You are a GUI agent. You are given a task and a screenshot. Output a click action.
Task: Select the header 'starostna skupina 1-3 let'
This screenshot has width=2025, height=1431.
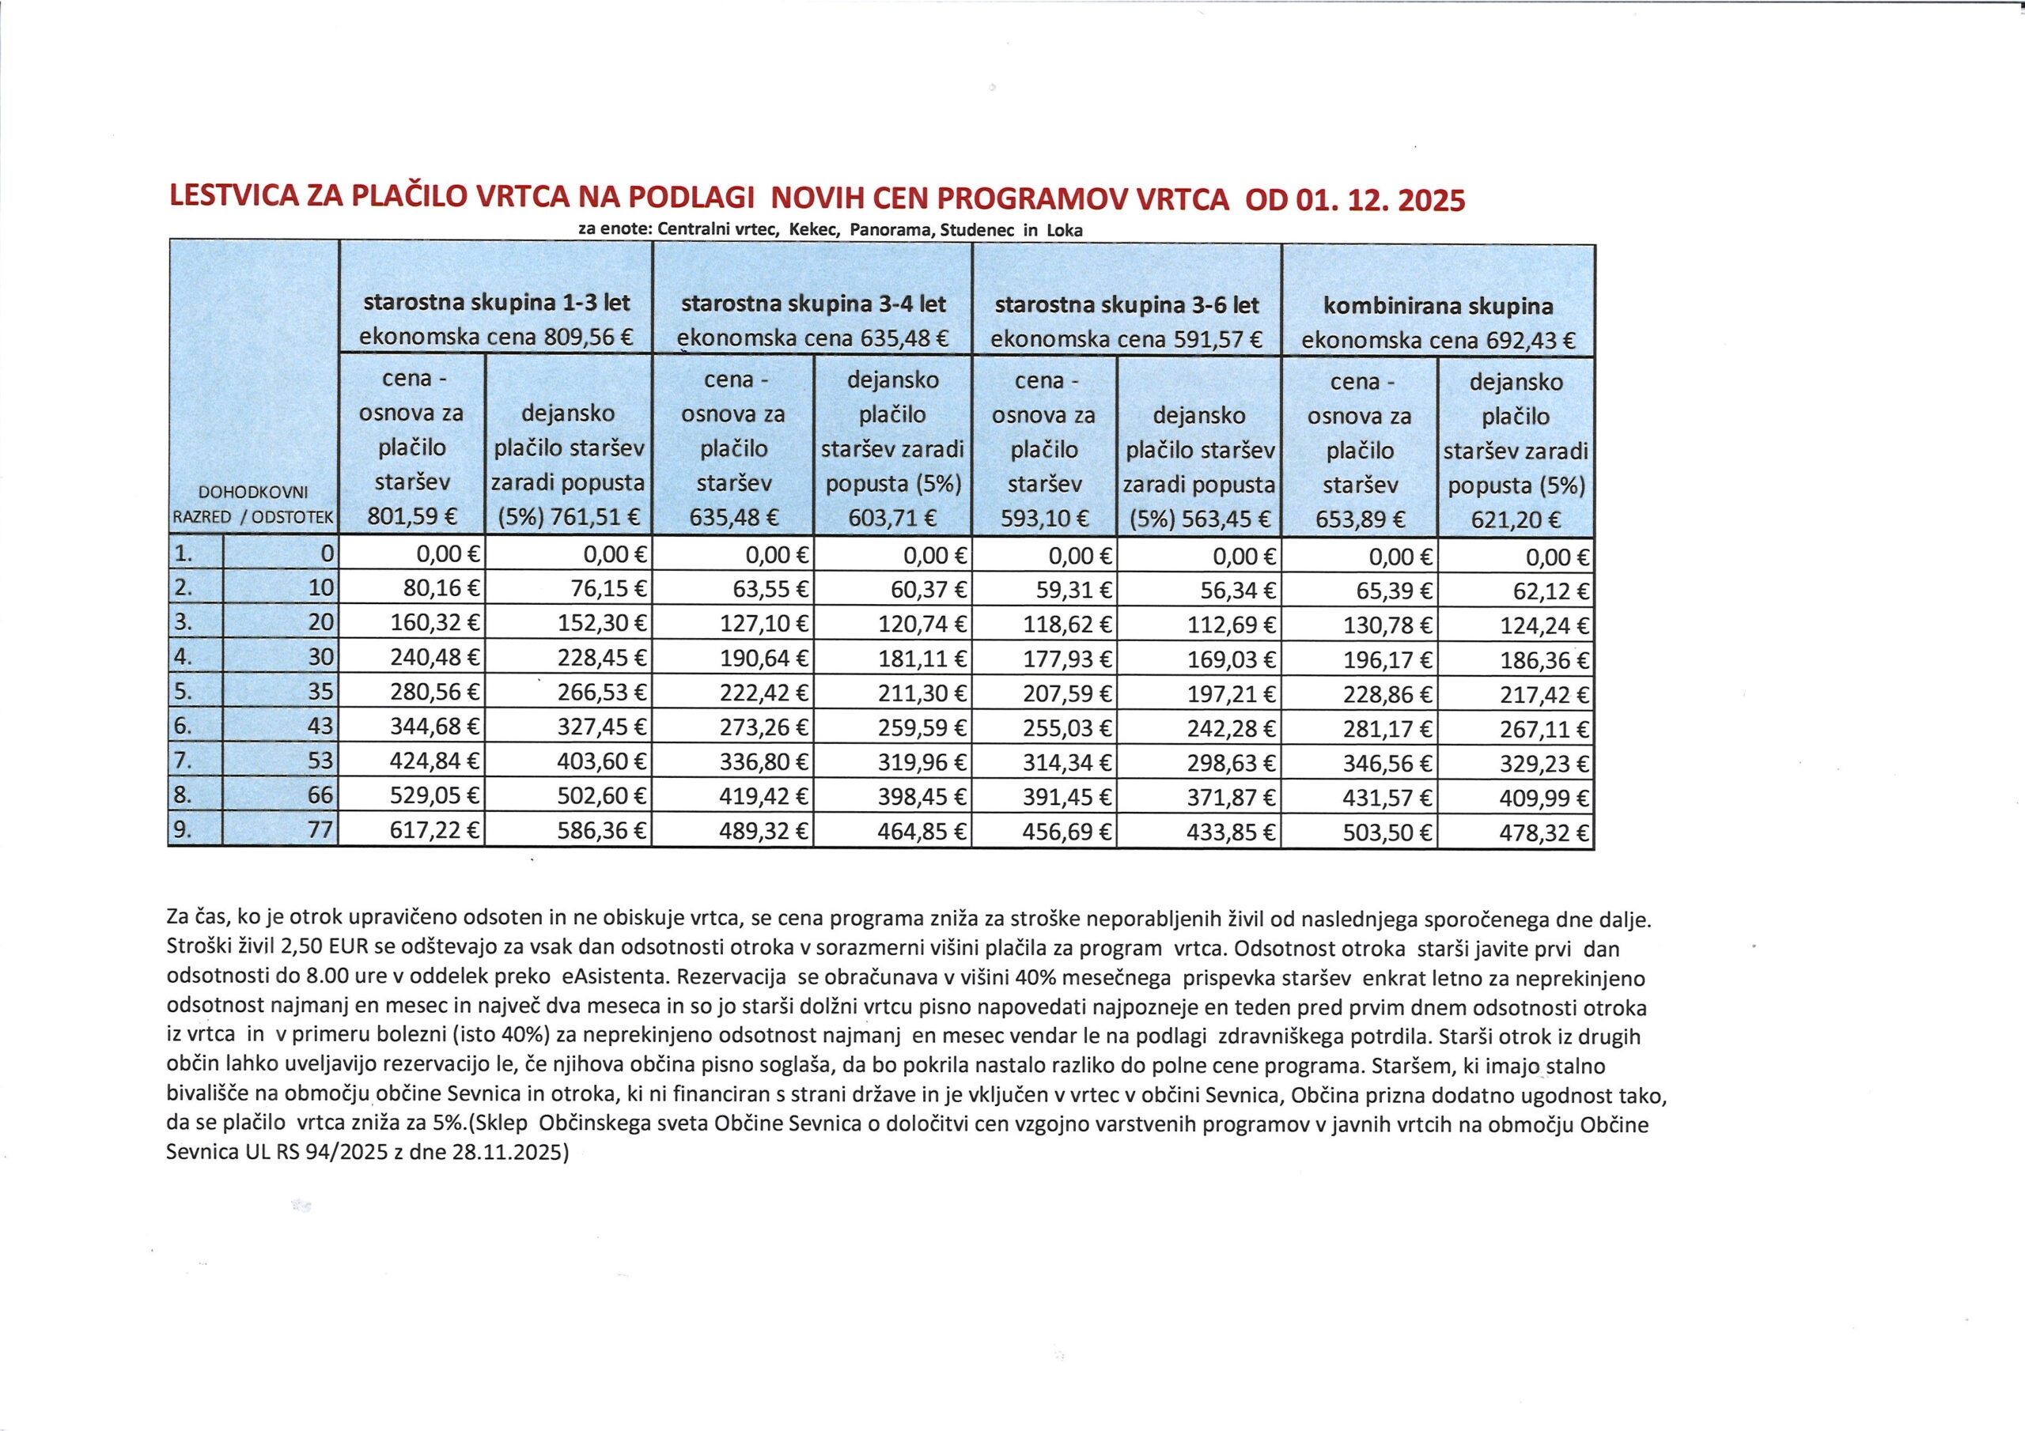point(497,304)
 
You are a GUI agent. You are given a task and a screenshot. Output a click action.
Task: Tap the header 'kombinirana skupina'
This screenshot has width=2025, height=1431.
point(1439,307)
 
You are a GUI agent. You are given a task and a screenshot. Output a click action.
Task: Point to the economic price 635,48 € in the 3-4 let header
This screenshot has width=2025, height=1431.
point(904,338)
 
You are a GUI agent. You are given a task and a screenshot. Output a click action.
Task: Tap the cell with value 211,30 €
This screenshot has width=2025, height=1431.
point(922,693)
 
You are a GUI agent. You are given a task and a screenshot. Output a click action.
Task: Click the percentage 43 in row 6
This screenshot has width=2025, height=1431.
point(321,727)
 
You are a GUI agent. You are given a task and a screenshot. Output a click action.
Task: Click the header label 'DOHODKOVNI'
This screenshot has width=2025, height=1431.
point(253,493)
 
